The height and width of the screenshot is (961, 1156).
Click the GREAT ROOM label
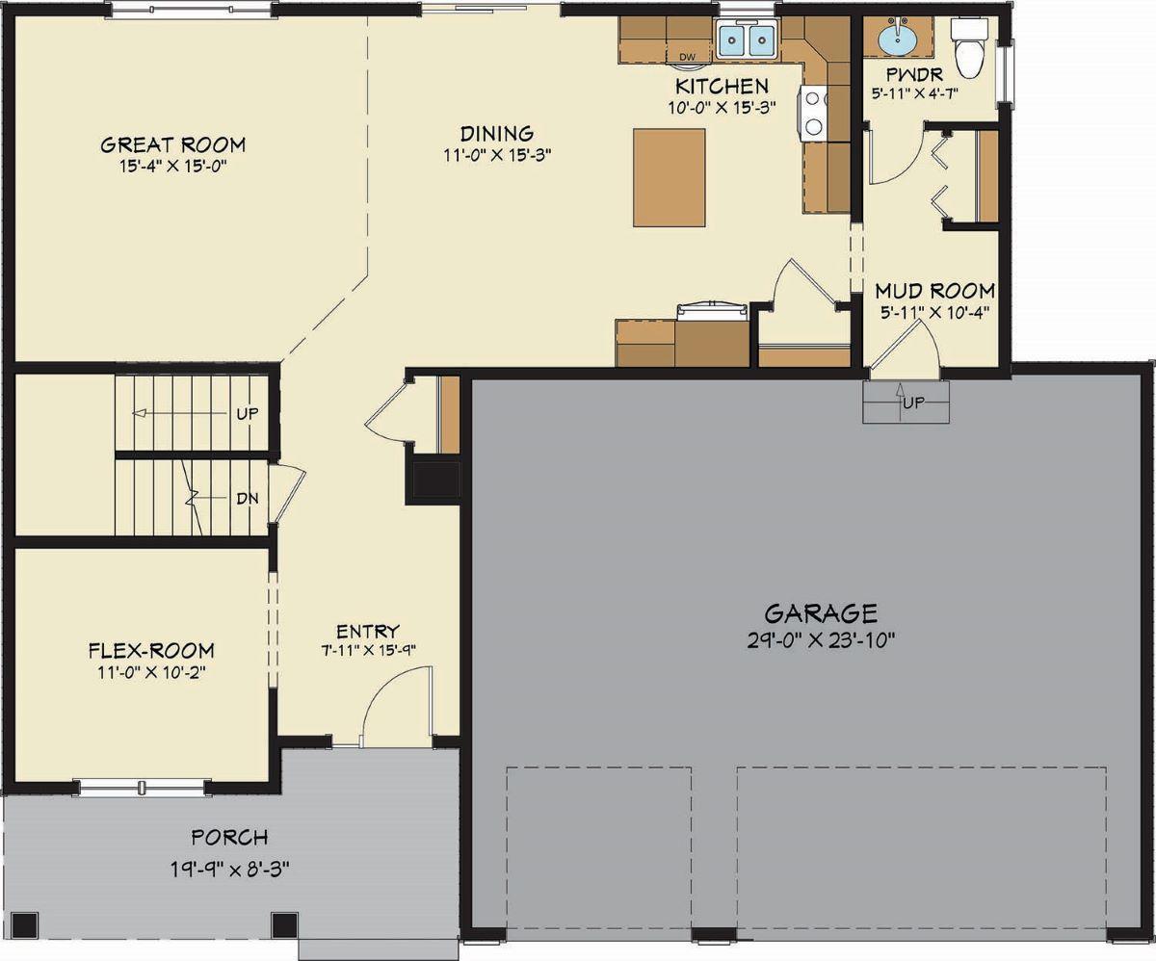(x=173, y=145)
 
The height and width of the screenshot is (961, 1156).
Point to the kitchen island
(x=669, y=178)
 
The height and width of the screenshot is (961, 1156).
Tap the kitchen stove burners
(x=811, y=112)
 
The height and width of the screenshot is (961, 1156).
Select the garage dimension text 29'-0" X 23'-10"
(x=821, y=641)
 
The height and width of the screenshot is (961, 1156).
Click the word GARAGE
(x=821, y=613)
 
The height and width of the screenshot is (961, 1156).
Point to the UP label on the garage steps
(x=914, y=403)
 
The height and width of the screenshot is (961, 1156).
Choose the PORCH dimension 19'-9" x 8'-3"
(x=229, y=866)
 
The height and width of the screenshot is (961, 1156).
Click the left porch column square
(x=25, y=925)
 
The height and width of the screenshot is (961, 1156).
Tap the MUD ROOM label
(x=934, y=290)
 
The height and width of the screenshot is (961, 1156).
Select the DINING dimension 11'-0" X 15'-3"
(x=497, y=154)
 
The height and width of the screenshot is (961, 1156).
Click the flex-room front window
(x=143, y=788)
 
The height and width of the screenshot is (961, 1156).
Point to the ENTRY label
(x=368, y=631)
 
